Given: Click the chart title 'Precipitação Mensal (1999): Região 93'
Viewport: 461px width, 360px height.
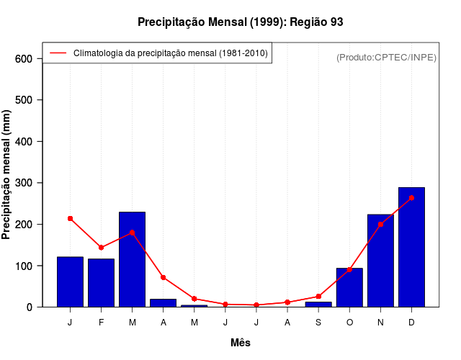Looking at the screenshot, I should click(240, 22).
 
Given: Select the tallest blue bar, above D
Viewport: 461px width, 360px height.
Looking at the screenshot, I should click(411, 247).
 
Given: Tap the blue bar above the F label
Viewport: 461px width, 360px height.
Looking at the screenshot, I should click(101, 282).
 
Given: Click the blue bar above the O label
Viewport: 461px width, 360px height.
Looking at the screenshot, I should click(349, 287).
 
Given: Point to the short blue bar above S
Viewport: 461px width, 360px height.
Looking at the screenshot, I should click(318, 304).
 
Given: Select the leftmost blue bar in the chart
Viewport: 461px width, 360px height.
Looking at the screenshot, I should click(70, 282).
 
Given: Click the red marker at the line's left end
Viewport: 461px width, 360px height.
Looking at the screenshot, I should click(70, 218).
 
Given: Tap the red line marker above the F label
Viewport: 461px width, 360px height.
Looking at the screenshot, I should click(101, 248).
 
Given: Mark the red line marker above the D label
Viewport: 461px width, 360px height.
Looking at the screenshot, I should click(411, 197).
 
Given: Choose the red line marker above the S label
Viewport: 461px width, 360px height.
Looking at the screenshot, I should click(318, 297).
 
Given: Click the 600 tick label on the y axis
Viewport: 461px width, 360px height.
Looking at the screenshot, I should click(24, 58).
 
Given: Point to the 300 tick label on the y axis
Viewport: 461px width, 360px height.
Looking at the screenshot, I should click(24, 183).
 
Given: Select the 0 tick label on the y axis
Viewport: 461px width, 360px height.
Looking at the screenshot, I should click(30, 307).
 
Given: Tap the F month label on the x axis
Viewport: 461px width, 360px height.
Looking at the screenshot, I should click(101, 323).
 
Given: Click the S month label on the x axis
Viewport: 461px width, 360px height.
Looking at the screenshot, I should click(318, 323).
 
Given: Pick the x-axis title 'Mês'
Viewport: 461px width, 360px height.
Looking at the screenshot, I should click(241, 343).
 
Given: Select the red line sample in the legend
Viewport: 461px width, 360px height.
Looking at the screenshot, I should click(58, 53).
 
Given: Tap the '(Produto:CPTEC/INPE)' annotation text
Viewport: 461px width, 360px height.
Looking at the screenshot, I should click(386, 57).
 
